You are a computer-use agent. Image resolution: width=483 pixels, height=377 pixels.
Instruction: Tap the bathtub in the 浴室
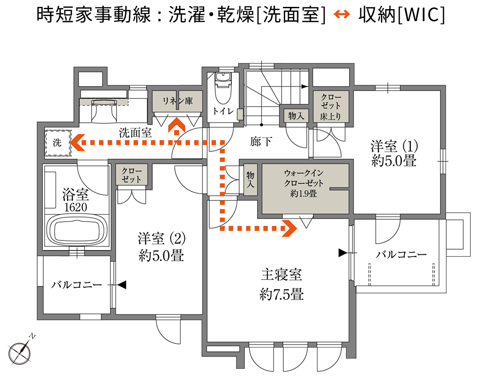tap(77, 230)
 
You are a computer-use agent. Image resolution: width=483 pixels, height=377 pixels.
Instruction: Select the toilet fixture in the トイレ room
tap(224, 88)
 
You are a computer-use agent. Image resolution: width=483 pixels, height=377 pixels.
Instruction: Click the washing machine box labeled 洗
tap(57, 143)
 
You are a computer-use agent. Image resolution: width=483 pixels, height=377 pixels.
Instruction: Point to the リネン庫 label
tap(178, 101)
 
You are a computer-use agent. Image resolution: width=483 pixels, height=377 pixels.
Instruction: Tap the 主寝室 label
tap(281, 274)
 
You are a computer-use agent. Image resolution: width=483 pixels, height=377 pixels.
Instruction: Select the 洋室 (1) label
tap(394, 146)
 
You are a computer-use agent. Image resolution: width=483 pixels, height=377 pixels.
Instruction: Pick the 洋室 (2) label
tap(162, 238)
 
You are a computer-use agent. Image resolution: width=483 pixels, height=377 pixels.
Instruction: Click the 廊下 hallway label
tap(261, 142)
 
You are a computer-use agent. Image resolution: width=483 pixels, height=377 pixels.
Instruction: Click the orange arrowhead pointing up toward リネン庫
tap(177, 125)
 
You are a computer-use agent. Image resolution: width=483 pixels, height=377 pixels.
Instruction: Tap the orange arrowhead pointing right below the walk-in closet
tap(289, 228)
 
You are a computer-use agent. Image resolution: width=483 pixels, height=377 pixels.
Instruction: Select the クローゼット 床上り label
tap(331, 107)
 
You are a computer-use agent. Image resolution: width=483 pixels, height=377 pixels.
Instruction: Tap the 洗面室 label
tap(135, 133)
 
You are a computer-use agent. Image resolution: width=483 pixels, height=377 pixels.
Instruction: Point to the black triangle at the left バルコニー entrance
tap(122, 285)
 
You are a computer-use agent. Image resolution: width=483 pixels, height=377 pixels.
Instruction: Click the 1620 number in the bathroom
tap(76, 207)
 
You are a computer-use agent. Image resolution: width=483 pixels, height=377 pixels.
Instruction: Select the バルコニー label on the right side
tap(401, 254)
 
